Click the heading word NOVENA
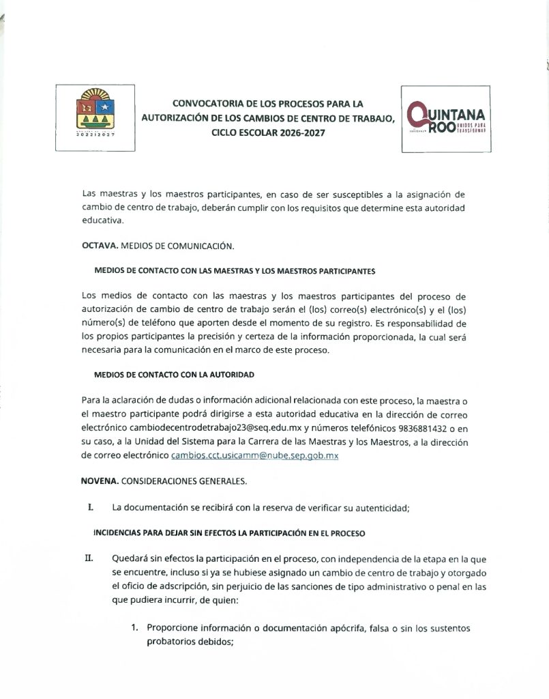[x=100, y=481]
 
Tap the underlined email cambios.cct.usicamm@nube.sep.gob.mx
[x=254, y=455]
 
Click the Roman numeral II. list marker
[x=89, y=558]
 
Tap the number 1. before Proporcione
[x=135, y=628]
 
